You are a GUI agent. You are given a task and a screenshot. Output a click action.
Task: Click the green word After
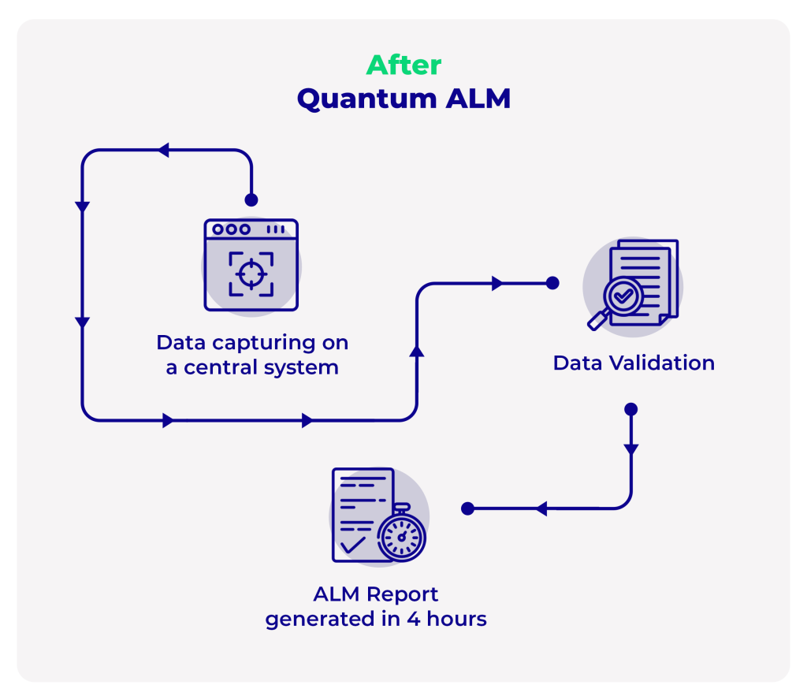tap(404, 65)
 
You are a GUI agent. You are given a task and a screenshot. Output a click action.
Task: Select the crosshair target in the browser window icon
tap(251, 274)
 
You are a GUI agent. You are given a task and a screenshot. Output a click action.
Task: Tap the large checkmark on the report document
tap(351, 545)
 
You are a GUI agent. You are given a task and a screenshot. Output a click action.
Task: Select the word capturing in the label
tap(259, 343)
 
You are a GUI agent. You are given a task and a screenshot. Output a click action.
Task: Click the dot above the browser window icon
tap(251, 199)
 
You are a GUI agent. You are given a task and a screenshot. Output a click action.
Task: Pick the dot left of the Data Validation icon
tap(552, 283)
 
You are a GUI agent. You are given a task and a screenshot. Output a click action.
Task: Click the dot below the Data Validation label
tap(630, 409)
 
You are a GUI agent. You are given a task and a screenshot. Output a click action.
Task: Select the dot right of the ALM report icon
tap(467, 508)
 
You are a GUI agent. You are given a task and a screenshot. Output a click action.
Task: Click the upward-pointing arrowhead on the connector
tap(417, 351)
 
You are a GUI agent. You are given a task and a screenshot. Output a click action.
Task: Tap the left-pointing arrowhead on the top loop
tap(163, 150)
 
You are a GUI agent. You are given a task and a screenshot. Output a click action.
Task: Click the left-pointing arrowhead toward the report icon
tap(541, 508)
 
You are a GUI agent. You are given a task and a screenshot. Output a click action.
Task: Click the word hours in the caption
tap(456, 620)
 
